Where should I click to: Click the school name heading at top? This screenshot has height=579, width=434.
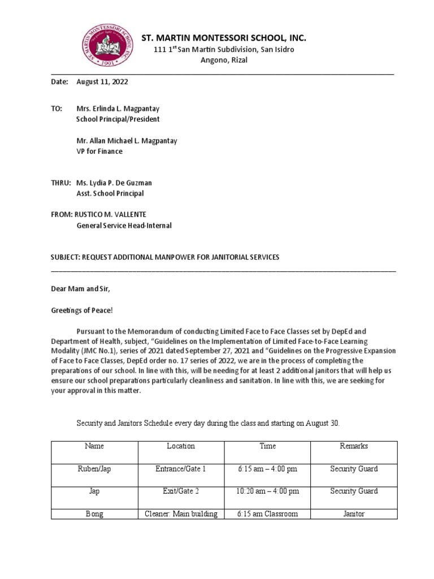(x=224, y=38)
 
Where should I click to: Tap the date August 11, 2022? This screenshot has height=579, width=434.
(x=102, y=82)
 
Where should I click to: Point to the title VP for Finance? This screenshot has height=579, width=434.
(x=99, y=151)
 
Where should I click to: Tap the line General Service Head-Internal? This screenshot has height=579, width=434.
(x=124, y=226)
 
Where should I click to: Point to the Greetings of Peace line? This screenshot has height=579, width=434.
(x=79, y=310)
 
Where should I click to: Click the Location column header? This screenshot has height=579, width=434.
(x=181, y=446)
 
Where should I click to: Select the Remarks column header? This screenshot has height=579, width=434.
(x=354, y=446)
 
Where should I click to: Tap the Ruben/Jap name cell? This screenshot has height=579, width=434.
(x=94, y=469)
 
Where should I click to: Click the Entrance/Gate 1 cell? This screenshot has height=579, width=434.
(x=181, y=469)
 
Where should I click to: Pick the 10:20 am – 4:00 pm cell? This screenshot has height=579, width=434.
(x=267, y=491)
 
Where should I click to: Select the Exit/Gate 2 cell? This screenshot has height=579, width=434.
(x=181, y=491)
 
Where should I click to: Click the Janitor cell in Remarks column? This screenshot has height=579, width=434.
(x=354, y=514)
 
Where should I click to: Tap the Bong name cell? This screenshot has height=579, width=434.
(x=94, y=514)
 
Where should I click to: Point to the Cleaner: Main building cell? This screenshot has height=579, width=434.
(x=181, y=514)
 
